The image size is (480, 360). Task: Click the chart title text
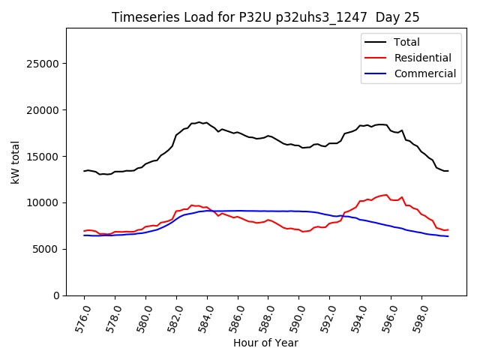click(x=265, y=17)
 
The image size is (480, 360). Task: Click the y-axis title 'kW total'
click(x=16, y=162)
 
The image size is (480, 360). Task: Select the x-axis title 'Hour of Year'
click(x=265, y=343)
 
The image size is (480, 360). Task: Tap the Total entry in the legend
click(x=407, y=42)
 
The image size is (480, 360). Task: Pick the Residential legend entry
click(x=422, y=58)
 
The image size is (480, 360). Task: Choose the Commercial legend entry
click(x=424, y=73)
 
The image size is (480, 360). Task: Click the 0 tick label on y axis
click(x=57, y=295)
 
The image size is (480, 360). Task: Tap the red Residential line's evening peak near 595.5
click(x=386, y=195)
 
